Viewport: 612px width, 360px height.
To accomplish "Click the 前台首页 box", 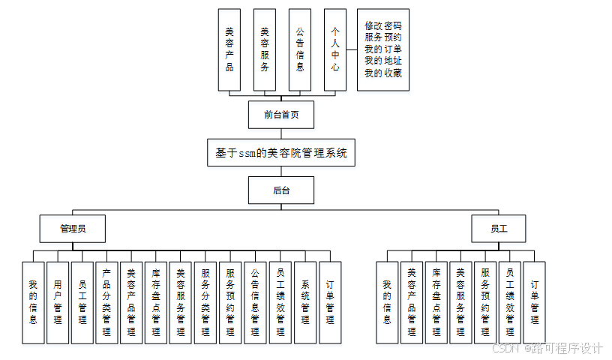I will click(280, 115).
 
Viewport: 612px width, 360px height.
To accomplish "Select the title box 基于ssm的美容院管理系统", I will click(280, 152).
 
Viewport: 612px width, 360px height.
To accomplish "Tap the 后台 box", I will click(280, 190).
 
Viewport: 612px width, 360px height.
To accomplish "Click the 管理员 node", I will click(72, 229).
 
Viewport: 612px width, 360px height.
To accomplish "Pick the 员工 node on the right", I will click(498, 229).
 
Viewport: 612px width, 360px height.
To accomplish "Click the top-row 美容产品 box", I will click(229, 49).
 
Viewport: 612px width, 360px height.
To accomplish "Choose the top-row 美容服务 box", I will click(265, 49).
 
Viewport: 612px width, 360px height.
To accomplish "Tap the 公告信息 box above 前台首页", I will click(300, 49).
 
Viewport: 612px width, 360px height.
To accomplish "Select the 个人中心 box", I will click(335, 49).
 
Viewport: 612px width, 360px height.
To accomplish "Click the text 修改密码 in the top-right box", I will click(382, 25).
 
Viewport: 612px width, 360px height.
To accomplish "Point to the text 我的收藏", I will click(382, 73).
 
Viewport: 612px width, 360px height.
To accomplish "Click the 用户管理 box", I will click(58, 302).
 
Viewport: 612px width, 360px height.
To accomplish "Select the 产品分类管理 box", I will click(106, 302).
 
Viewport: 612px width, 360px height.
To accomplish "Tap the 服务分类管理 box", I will click(205, 302).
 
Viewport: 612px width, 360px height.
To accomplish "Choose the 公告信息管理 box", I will click(255, 302).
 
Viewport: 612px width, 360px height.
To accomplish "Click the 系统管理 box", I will click(305, 302).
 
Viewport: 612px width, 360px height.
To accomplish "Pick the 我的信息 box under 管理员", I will click(33, 302).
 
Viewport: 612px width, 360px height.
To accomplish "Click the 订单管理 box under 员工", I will click(535, 302).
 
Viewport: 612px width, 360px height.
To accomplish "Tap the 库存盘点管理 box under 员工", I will click(436, 302).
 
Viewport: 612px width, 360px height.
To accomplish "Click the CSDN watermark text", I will click(504, 349).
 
